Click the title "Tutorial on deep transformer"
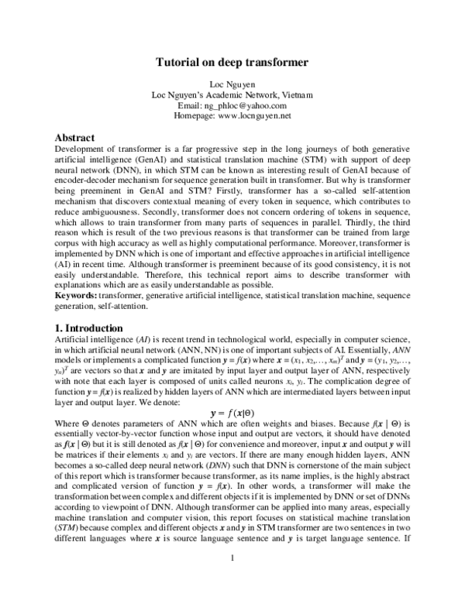point(232,61)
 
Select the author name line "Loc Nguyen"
point(232,84)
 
